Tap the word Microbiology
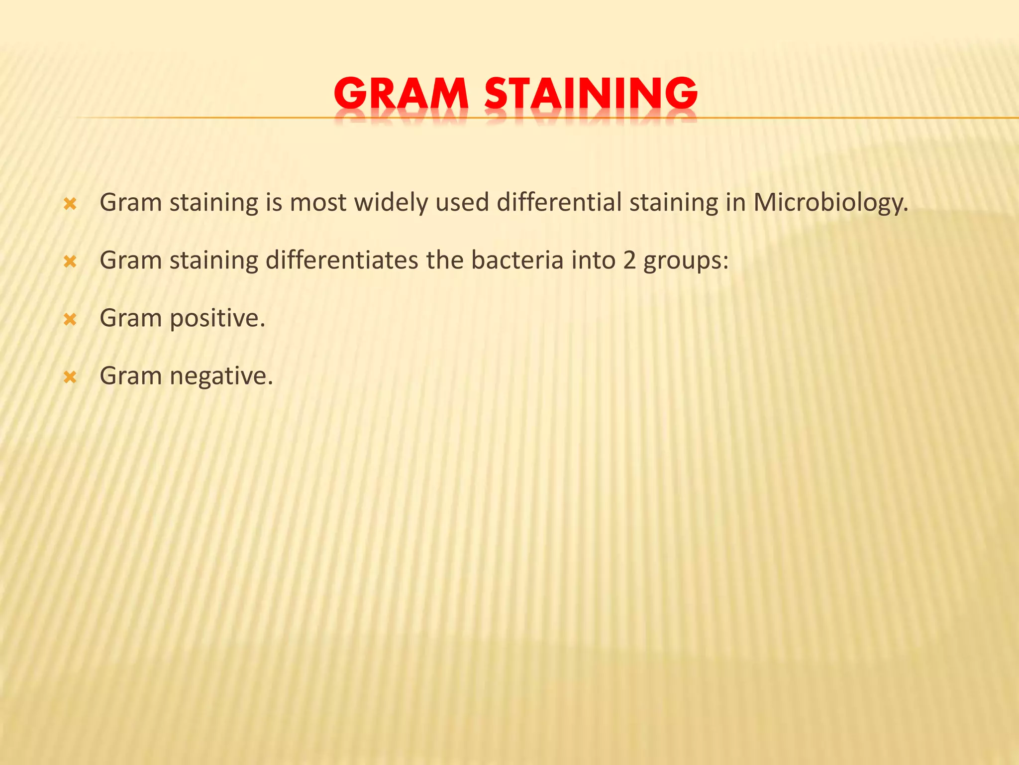tap(830, 203)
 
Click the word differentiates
tap(342, 260)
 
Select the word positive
tap(217, 319)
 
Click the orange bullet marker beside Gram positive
tap(70, 319)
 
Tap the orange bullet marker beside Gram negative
tap(70, 377)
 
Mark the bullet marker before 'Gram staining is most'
tap(70, 204)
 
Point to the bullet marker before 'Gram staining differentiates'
tap(70, 261)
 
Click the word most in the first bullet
tap(318, 203)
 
